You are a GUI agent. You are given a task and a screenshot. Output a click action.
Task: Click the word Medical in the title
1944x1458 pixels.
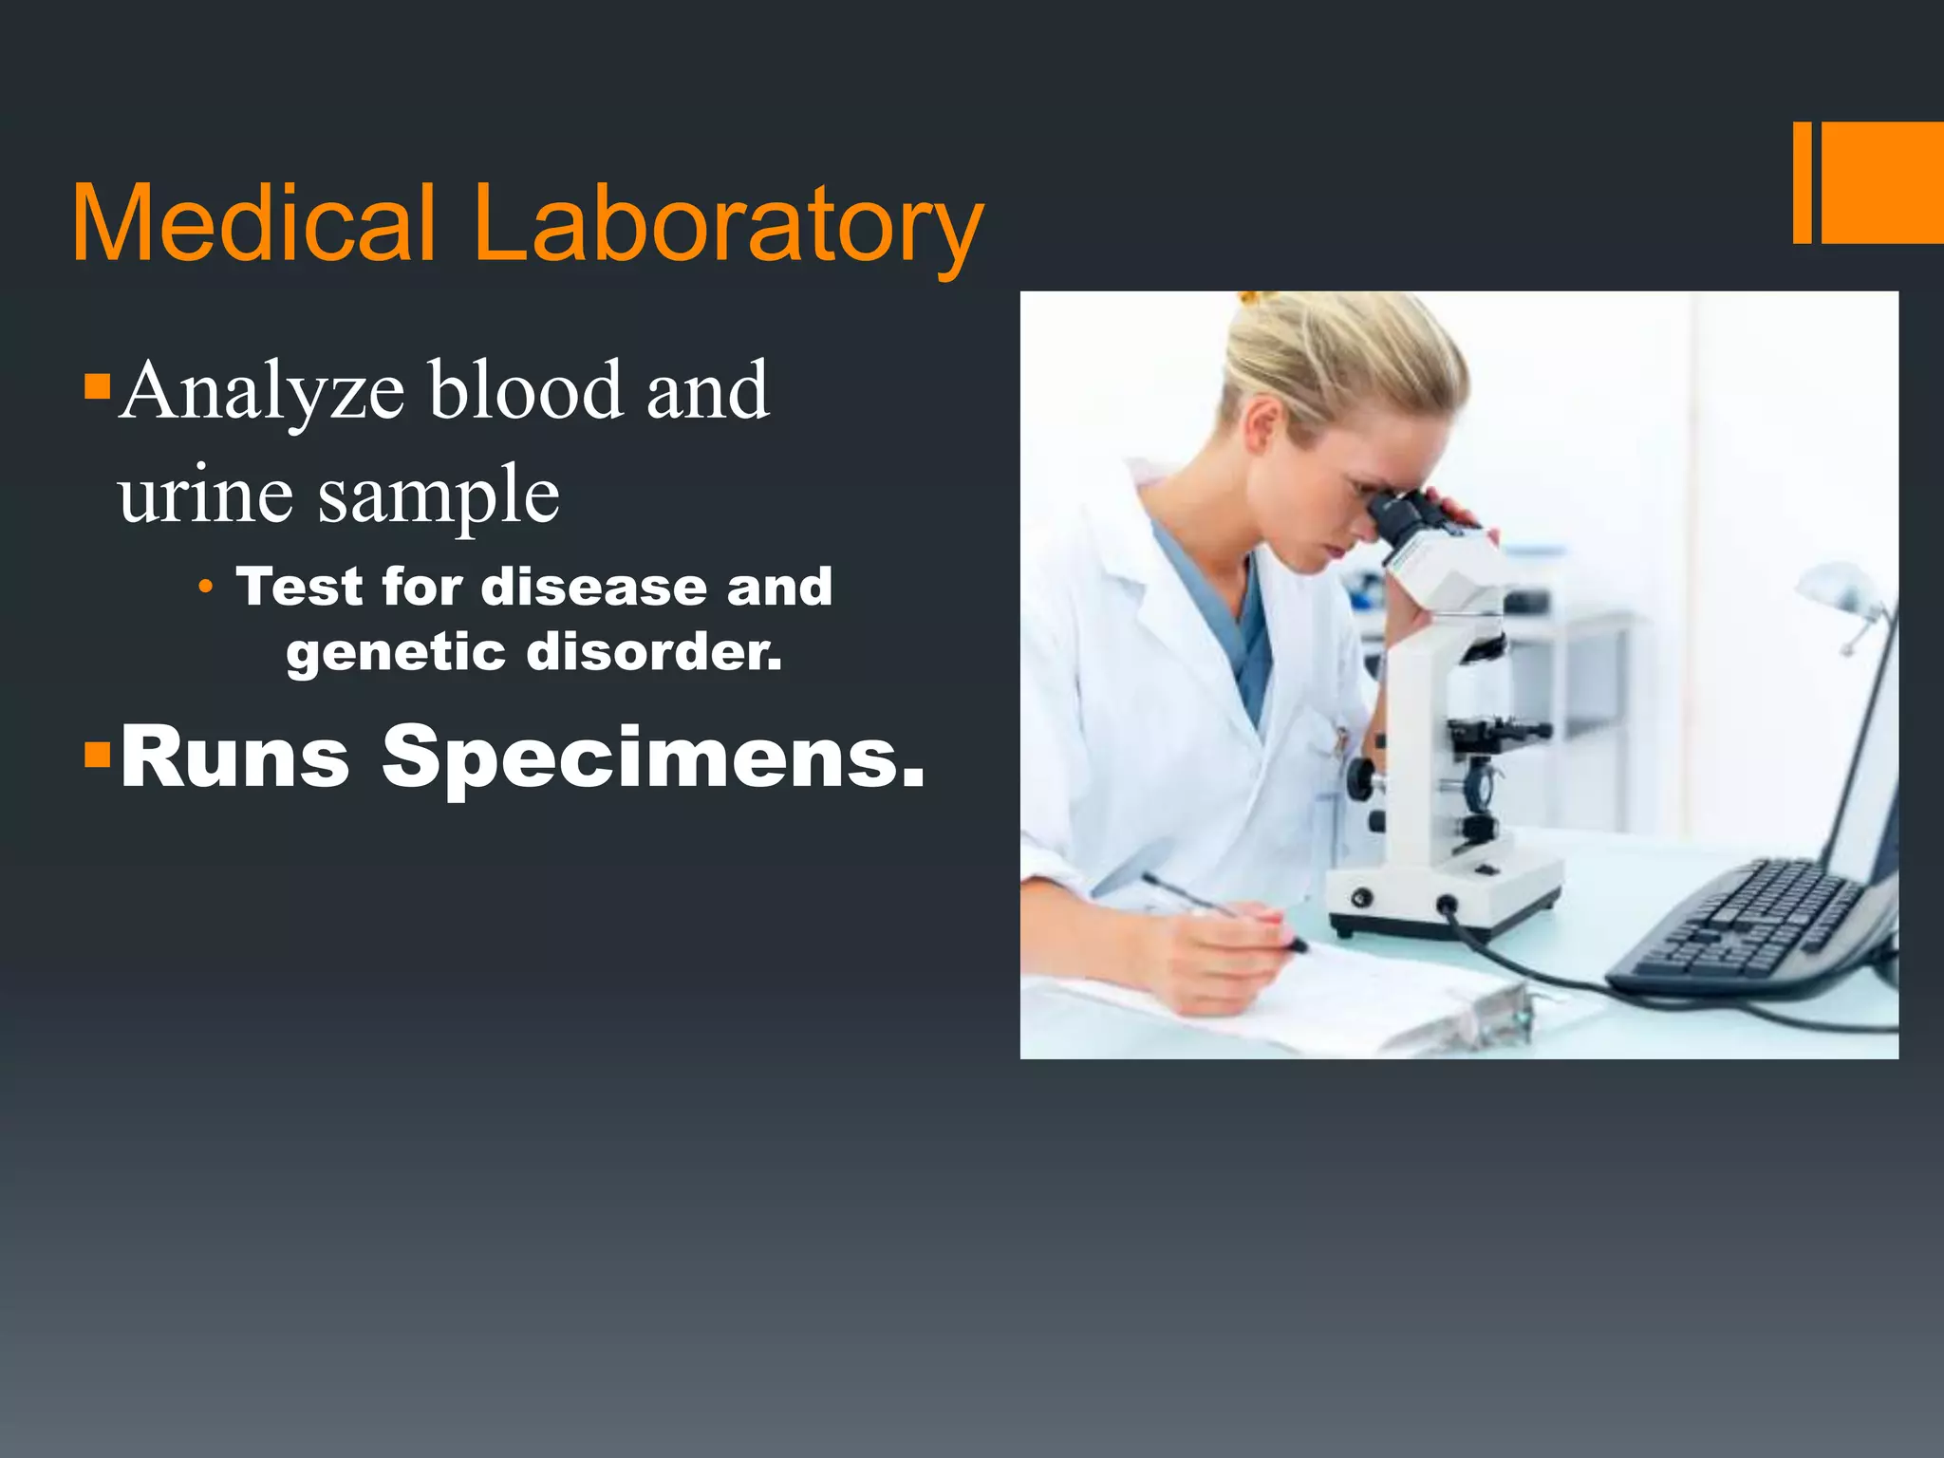(x=254, y=224)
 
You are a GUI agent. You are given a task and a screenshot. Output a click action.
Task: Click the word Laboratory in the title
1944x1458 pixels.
(x=727, y=226)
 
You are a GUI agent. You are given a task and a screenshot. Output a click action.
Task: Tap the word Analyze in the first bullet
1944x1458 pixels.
(x=263, y=391)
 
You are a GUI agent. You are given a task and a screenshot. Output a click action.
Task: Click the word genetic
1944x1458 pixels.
(x=395, y=652)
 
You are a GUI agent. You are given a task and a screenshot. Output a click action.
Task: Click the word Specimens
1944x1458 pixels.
(x=653, y=757)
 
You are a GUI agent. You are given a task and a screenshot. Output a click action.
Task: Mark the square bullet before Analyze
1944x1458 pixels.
(x=97, y=385)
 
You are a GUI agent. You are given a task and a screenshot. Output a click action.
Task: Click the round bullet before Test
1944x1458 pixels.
(x=205, y=588)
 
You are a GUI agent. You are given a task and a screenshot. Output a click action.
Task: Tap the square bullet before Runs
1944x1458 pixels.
(x=97, y=755)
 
